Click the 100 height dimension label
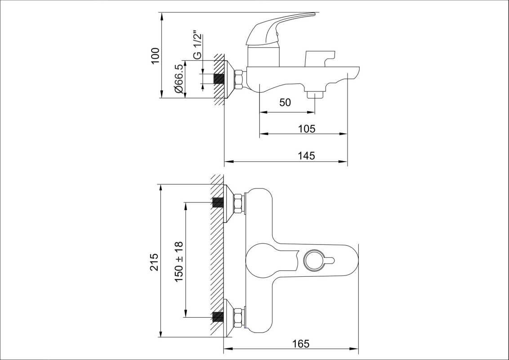pyautogui.click(x=156, y=55)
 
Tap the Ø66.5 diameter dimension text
pyautogui.click(x=179, y=79)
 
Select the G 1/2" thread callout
pyautogui.click(x=197, y=45)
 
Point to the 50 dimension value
pyautogui.click(x=285, y=102)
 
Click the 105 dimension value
pyautogui.click(x=307, y=129)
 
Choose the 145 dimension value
pyautogui.click(x=307, y=156)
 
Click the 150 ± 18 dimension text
pyautogui.click(x=179, y=261)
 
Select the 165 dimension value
pyautogui.click(x=301, y=343)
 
